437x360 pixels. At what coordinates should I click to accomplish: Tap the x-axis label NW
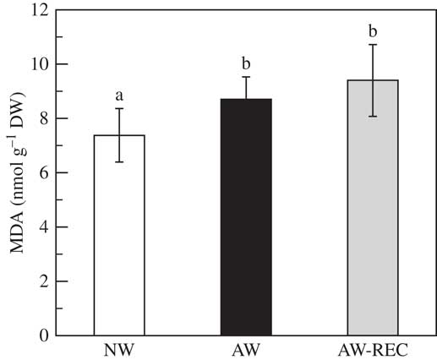119,350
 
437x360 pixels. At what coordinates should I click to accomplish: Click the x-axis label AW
246,350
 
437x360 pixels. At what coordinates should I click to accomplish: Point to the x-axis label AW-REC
373,350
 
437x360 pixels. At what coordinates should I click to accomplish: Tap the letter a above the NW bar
119,95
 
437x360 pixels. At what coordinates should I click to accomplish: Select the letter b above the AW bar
246,63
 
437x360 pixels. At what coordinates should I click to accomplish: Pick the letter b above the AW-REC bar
373,31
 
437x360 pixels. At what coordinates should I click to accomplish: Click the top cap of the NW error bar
119,108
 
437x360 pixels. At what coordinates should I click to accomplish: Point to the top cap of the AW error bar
246,77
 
